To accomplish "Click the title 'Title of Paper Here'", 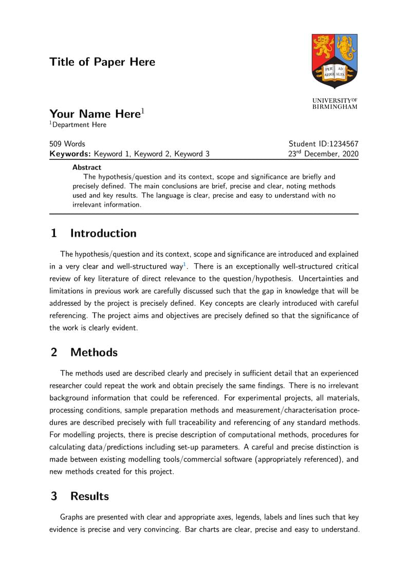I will click(x=102, y=62).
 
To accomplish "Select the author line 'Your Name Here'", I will click(x=95, y=114).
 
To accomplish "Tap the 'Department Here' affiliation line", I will click(x=79, y=125).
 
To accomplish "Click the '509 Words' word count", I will click(x=67, y=144).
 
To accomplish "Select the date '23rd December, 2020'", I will click(x=323, y=154).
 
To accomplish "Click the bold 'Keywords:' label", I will click(x=70, y=154).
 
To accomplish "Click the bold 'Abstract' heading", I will click(x=87, y=167).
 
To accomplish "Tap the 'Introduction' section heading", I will click(x=103, y=233).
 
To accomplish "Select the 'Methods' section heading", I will click(x=94, y=352).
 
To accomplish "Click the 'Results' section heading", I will click(x=89, y=496).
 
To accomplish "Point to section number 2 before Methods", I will click(x=53, y=352).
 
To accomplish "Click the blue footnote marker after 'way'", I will click(x=186, y=264).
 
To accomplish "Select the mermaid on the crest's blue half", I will click(x=346, y=48).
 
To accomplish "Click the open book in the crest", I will click(x=335, y=71).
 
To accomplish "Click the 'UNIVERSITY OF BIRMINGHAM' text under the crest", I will click(x=335, y=103).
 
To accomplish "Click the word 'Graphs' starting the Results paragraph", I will click(x=72, y=517).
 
